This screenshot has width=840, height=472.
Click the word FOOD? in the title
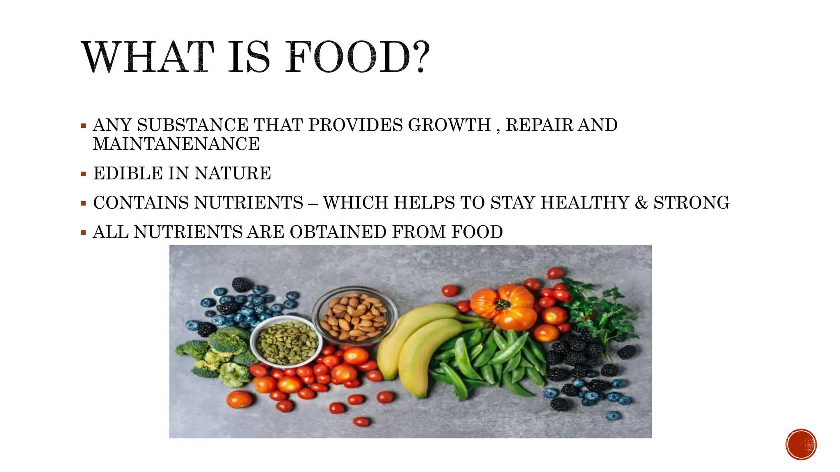(x=357, y=57)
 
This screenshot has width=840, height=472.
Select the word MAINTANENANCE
(x=176, y=144)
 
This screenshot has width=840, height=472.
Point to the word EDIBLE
(x=128, y=173)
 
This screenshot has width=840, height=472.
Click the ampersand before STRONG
(x=641, y=203)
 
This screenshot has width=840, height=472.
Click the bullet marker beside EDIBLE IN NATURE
(x=84, y=174)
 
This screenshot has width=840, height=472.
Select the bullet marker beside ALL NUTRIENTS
(x=84, y=233)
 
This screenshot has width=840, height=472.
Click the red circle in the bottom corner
(x=801, y=444)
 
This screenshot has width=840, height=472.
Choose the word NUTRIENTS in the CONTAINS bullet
(x=249, y=203)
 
